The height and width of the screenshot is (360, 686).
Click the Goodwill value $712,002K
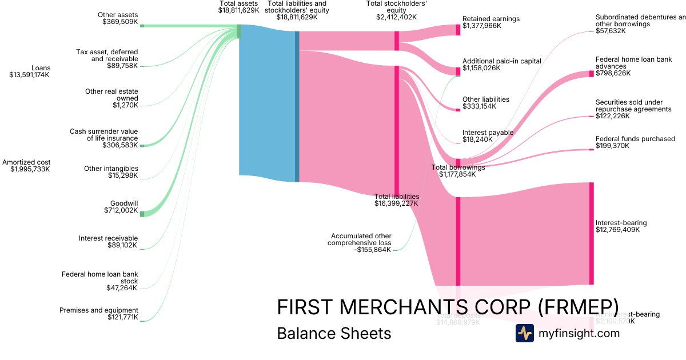121,211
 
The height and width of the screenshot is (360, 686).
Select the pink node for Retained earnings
458,30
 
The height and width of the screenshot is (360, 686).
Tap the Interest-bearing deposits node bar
592,233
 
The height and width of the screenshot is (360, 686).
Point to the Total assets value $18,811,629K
238,10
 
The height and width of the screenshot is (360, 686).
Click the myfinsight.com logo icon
525,333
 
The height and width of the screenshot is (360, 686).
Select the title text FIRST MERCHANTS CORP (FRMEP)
448,307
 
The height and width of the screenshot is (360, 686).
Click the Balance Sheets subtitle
334,333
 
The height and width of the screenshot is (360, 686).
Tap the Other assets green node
142,26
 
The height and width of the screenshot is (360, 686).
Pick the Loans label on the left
41,68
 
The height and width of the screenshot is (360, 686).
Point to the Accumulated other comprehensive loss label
361,239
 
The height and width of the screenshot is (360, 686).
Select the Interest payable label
488,133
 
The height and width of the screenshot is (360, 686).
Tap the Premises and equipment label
99,310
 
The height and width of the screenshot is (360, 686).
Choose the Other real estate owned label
111,95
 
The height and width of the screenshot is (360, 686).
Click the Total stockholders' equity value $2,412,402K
396,17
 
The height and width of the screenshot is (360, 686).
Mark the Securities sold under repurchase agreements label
633,106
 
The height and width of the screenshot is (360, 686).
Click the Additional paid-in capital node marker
458,71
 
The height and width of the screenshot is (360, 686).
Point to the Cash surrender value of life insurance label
104,135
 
